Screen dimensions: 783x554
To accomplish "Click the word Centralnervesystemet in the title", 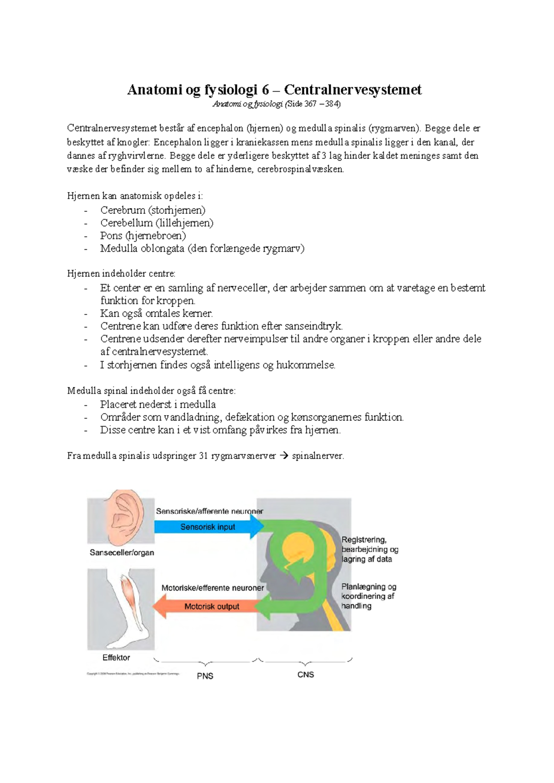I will (x=353, y=90).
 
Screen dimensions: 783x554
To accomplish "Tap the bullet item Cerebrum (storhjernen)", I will (x=152, y=210).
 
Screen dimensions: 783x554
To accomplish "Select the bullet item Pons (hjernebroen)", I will (x=143, y=235).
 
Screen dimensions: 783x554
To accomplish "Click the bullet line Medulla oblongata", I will (x=202, y=248).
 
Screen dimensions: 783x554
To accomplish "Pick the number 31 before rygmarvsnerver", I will (x=203, y=456).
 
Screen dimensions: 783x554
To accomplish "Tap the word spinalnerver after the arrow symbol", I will (x=318, y=456).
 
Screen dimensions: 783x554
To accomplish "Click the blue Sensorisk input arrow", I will (x=208, y=527).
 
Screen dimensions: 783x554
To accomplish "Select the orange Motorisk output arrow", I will (x=211, y=606).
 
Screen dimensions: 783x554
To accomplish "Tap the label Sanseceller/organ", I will (x=122, y=553).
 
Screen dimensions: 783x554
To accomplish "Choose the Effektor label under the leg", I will (x=116, y=657).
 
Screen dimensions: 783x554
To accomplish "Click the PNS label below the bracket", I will (x=205, y=676).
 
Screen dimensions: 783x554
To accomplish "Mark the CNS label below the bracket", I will (x=306, y=675).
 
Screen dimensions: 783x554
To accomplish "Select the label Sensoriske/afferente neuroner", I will (x=209, y=511).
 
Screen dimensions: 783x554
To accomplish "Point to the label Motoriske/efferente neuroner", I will (x=212, y=588).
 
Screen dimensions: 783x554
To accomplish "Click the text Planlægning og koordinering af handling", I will (x=368, y=596).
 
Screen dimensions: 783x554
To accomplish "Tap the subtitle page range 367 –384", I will (x=322, y=104).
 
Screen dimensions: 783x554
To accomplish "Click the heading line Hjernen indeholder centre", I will (x=121, y=274).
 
